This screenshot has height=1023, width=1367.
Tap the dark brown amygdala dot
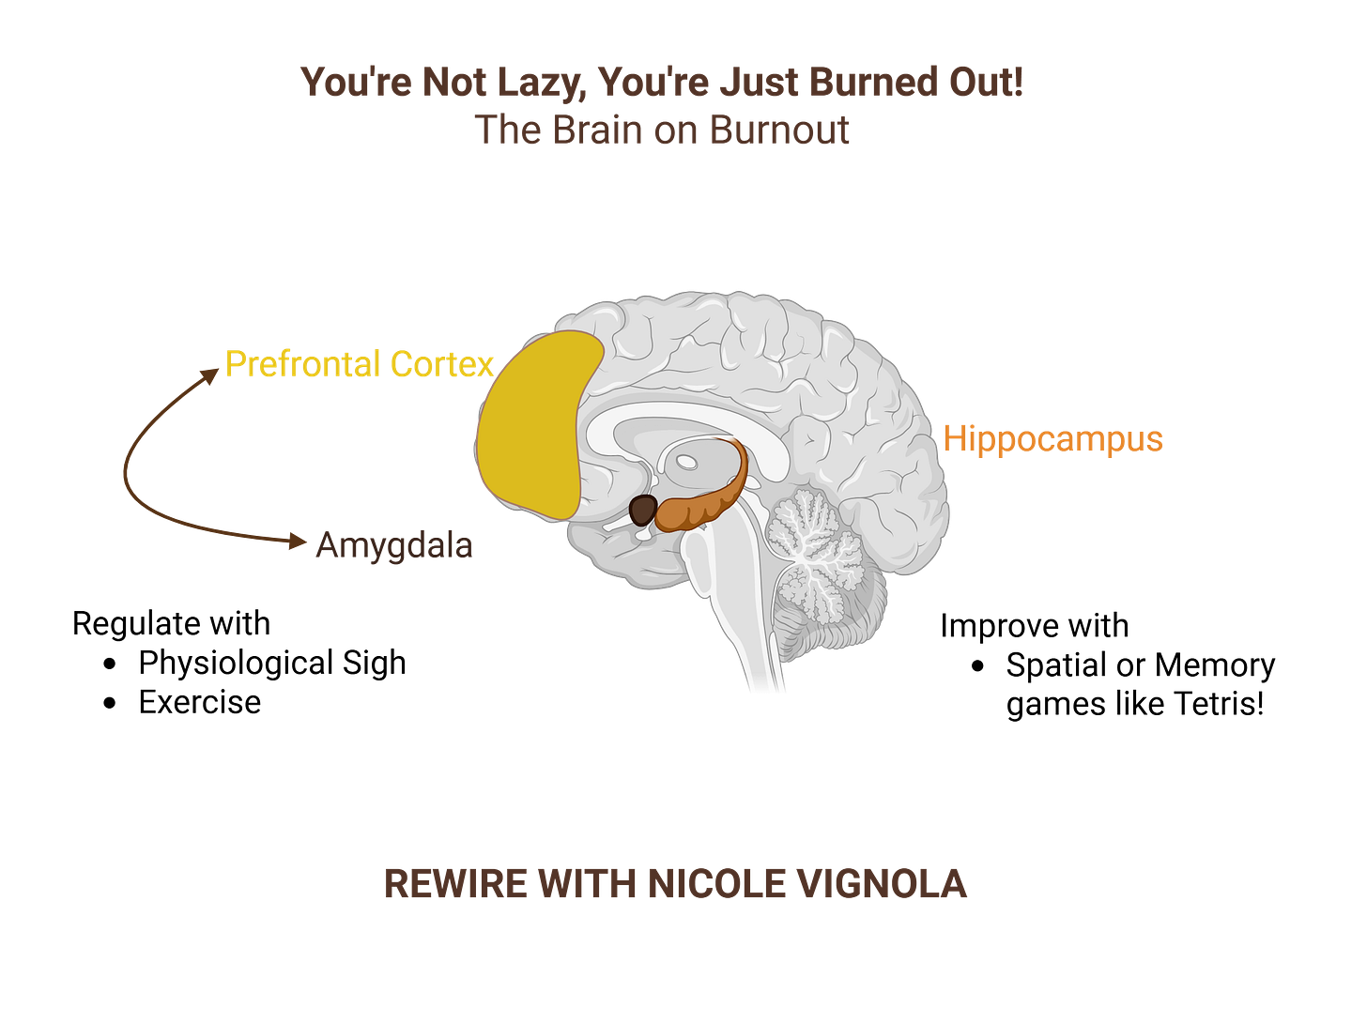642,511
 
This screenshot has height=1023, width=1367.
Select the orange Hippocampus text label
1052,439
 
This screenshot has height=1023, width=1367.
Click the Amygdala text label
393,545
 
